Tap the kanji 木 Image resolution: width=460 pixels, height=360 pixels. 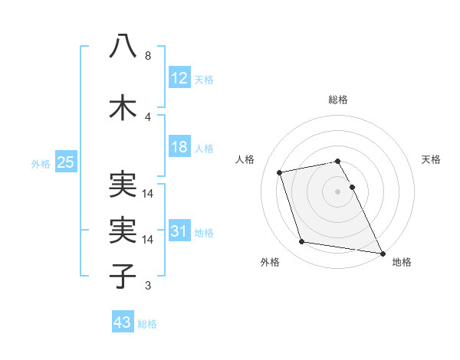click(x=123, y=108)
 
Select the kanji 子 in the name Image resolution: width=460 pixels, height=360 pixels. click(x=123, y=275)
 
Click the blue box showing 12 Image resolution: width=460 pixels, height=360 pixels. click(x=179, y=78)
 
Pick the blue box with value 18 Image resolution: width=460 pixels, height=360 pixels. click(x=179, y=147)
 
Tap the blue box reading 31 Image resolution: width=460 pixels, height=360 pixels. click(x=179, y=232)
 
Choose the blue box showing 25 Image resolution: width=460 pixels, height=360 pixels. click(x=66, y=162)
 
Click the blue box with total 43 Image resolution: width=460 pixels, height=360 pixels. click(x=123, y=322)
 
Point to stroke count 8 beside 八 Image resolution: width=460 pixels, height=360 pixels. click(x=148, y=57)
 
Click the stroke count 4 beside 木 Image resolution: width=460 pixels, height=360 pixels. click(x=148, y=117)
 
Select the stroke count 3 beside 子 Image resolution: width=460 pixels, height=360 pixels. click(x=148, y=286)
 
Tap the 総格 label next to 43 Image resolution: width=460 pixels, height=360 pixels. click(x=148, y=324)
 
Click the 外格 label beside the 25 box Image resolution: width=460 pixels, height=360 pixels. click(x=41, y=163)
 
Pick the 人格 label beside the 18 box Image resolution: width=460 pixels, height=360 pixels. click(x=204, y=149)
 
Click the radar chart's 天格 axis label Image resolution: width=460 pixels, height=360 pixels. click(x=431, y=159)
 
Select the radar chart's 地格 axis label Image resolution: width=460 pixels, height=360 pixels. click(x=402, y=262)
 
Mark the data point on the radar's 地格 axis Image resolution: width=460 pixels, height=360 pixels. click(x=381, y=252)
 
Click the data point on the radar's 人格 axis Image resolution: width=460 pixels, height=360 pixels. click(x=280, y=172)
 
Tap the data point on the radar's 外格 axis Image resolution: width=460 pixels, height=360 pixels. click(x=302, y=242)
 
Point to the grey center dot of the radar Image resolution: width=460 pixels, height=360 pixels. click(x=337, y=191)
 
